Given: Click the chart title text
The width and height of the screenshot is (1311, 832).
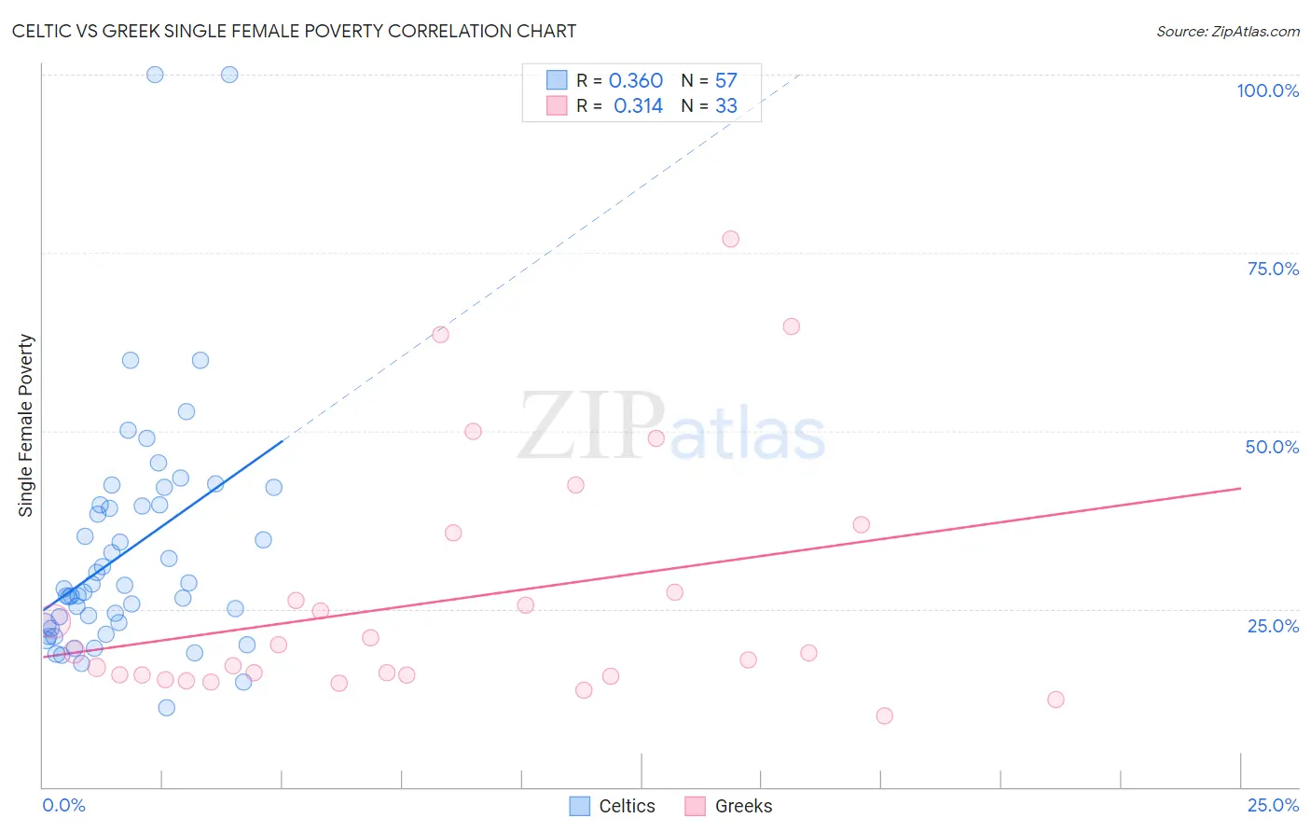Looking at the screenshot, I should [x=294, y=31].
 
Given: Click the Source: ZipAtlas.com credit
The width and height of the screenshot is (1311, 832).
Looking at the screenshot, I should [x=1227, y=31].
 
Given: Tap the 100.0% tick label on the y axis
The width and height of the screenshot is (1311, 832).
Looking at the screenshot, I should [x=1267, y=90].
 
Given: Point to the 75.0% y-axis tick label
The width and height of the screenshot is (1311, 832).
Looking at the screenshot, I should [x=1273, y=269].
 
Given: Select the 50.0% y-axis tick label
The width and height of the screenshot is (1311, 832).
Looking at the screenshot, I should [x=1272, y=447].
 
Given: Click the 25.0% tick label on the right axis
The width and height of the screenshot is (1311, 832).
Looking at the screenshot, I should [x=1273, y=625].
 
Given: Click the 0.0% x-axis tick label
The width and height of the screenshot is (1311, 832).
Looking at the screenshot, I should [x=63, y=805].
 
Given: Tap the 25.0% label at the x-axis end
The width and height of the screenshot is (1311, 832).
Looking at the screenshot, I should [x=1273, y=805].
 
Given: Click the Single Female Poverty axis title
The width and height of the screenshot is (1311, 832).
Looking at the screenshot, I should [x=26, y=425].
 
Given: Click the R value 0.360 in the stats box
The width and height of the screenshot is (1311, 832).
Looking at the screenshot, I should [x=635, y=81].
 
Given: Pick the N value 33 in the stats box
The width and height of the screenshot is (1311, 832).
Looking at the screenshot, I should [x=726, y=106].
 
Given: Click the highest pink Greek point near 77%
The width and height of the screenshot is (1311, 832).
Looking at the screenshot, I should [x=731, y=239].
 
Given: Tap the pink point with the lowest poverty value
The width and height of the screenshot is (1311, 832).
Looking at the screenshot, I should [x=885, y=715].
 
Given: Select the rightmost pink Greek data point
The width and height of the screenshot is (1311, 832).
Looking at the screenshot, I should [x=1056, y=700].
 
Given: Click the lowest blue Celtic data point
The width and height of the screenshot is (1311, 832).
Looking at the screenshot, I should [x=167, y=707].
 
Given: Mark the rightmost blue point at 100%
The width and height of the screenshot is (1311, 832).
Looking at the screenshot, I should [x=229, y=75].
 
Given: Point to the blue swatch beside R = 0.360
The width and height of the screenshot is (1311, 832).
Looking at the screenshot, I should [x=557, y=80].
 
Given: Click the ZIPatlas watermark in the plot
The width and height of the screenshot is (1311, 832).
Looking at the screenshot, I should [x=671, y=426].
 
